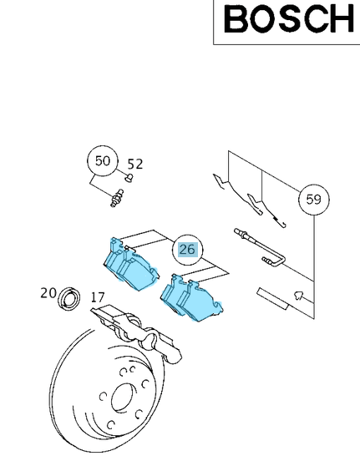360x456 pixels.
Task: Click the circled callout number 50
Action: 103,161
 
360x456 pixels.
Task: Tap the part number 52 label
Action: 134,164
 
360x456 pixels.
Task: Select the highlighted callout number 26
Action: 186,249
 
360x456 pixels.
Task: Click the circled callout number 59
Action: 313,200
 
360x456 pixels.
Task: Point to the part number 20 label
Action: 48,293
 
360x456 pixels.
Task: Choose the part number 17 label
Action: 97,297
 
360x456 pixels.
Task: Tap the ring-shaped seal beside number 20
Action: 68,297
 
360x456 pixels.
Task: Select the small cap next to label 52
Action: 128,177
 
